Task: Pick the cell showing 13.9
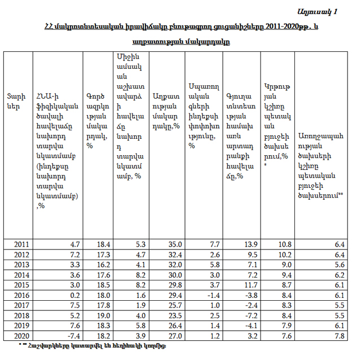[x=251, y=244]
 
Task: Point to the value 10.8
[x=284, y=244]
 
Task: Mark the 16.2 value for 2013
[x=103, y=264]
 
